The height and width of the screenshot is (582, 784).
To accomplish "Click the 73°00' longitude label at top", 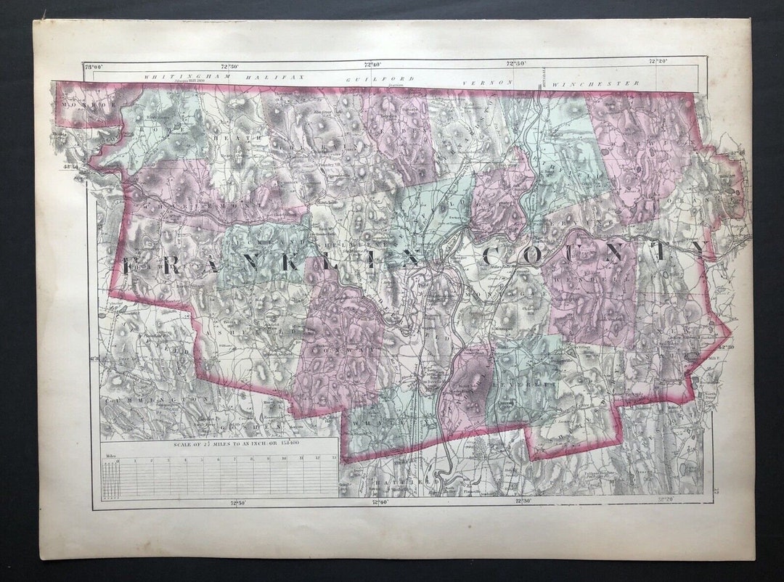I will (x=93, y=67).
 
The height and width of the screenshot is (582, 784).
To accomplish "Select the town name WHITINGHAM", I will (x=173, y=75).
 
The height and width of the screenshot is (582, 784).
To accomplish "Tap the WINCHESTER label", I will (x=596, y=83).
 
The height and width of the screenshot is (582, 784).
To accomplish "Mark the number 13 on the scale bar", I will (x=333, y=459).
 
